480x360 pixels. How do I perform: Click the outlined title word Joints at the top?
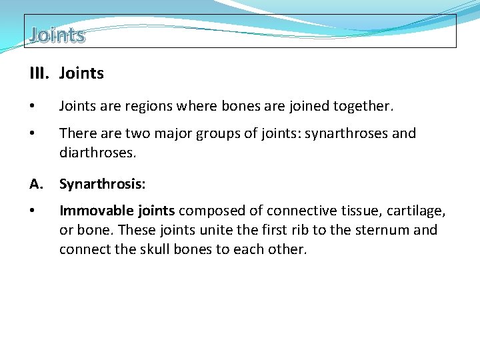coord(57,35)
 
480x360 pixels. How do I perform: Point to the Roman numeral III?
coord(38,73)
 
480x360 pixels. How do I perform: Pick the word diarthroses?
coord(97,153)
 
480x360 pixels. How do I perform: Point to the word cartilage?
coord(414,211)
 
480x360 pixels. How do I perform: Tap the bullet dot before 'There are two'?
coord(33,133)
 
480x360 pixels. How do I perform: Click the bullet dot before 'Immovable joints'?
coord(33,211)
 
